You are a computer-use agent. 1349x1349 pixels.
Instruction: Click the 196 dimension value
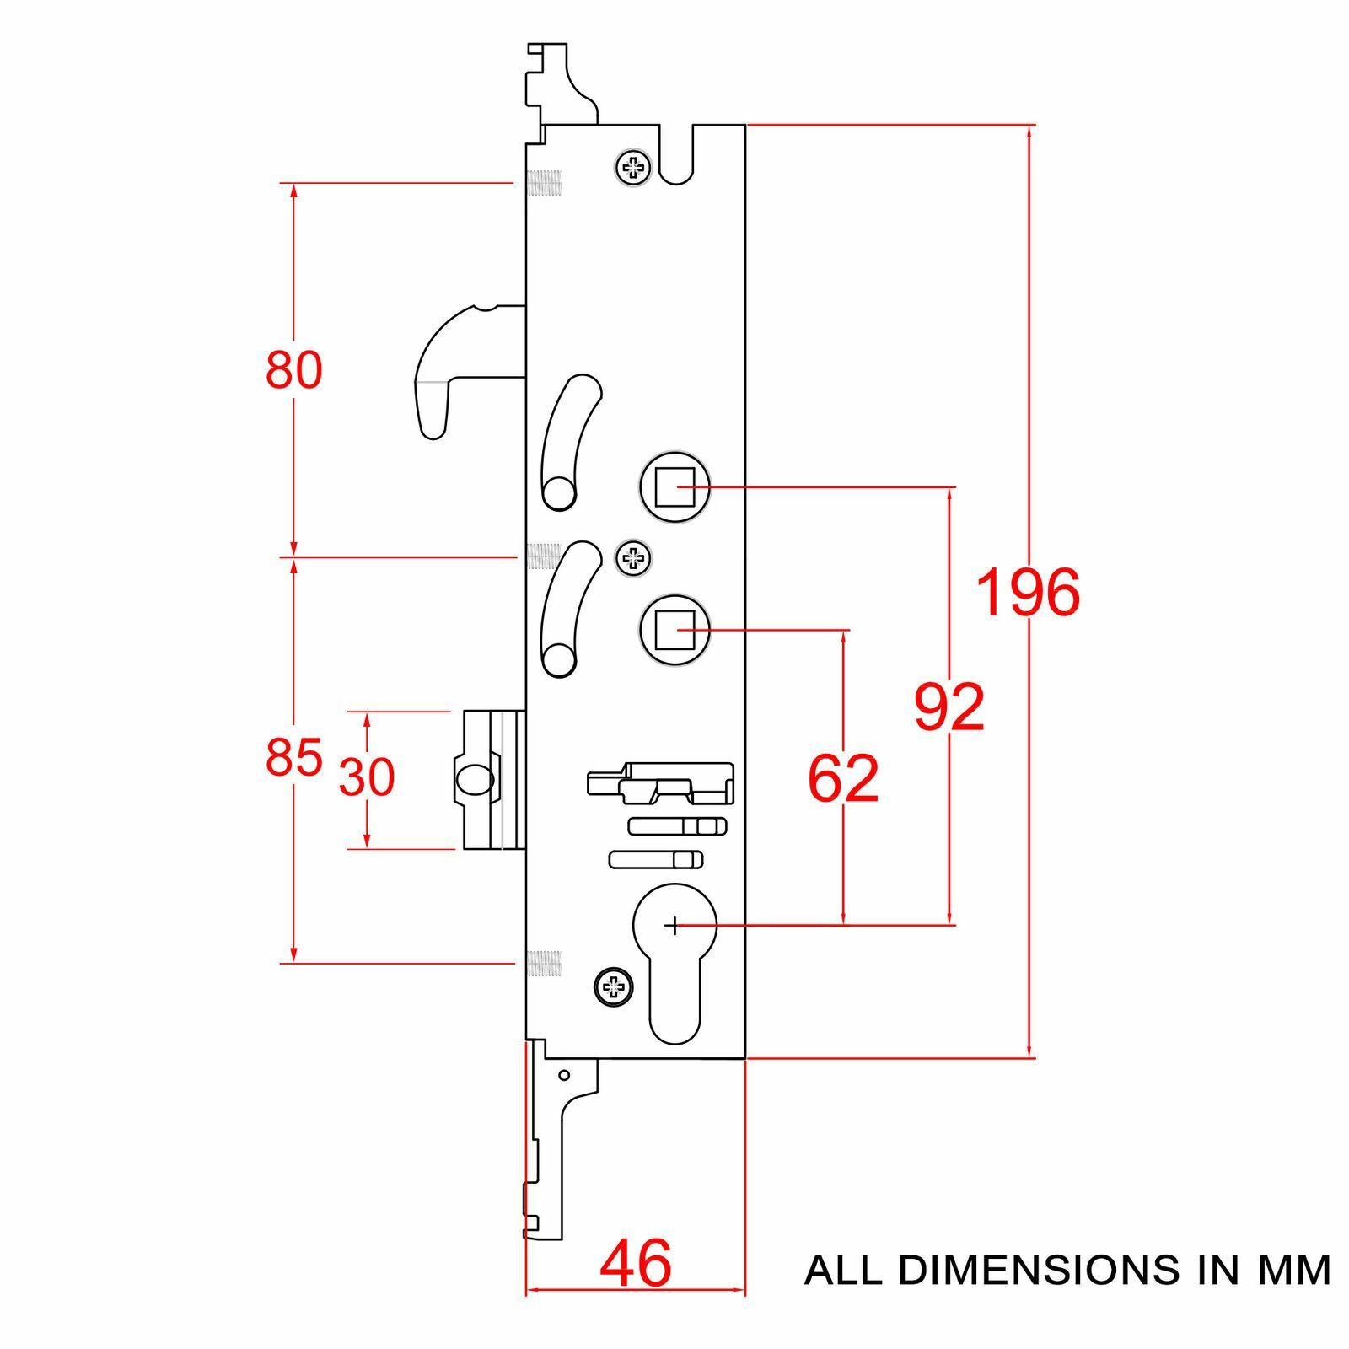(x=1028, y=592)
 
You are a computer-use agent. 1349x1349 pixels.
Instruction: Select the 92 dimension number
(x=949, y=707)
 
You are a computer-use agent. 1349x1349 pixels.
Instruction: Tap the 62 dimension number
(x=843, y=777)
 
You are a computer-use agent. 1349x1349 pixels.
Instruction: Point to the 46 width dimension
(x=636, y=1263)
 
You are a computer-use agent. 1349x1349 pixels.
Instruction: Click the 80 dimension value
(x=294, y=369)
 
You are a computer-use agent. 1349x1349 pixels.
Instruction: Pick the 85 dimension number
(x=294, y=756)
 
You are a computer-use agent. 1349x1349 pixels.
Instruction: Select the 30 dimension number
(x=367, y=777)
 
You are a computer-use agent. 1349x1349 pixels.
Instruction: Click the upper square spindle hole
(x=674, y=487)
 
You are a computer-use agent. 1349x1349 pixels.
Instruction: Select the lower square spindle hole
(x=674, y=630)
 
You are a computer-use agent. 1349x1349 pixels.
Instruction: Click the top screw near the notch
(x=633, y=169)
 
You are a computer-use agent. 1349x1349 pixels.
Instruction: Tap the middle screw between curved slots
(x=633, y=557)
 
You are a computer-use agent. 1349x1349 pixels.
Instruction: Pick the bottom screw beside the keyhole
(x=614, y=986)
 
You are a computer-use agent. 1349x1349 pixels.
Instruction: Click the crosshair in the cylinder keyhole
(x=673, y=927)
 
